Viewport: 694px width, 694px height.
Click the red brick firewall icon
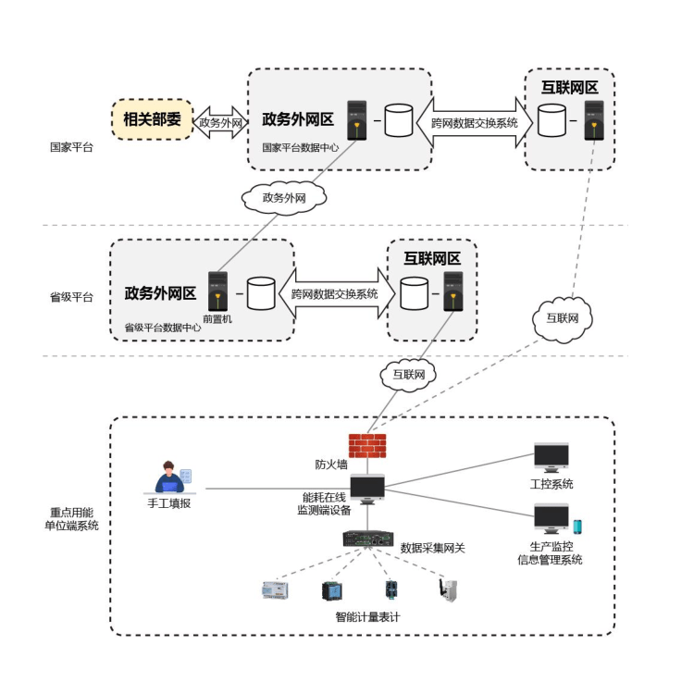click(367, 445)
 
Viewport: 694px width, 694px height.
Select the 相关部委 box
click(153, 119)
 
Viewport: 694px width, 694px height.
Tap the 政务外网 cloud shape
click(284, 197)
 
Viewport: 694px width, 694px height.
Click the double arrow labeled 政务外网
click(220, 122)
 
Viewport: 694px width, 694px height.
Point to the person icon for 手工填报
click(170, 478)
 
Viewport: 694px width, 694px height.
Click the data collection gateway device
click(368, 539)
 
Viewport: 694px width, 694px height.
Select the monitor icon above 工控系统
click(551, 458)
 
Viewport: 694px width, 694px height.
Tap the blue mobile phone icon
click(577, 527)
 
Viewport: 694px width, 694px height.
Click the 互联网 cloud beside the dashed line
click(562, 318)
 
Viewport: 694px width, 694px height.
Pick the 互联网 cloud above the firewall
click(408, 375)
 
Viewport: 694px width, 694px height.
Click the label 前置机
click(217, 319)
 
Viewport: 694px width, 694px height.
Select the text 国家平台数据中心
click(300, 147)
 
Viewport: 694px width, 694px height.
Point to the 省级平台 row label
click(71, 297)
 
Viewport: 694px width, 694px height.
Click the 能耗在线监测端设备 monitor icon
click(367, 490)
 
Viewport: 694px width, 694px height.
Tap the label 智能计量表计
click(367, 617)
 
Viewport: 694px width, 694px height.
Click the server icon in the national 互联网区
click(594, 120)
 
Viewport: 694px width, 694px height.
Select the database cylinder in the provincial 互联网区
click(415, 293)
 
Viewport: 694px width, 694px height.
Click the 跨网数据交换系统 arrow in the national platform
click(475, 122)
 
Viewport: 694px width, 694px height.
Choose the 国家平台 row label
click(71, 147)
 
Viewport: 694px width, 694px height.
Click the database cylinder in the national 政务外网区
click(399, 120)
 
